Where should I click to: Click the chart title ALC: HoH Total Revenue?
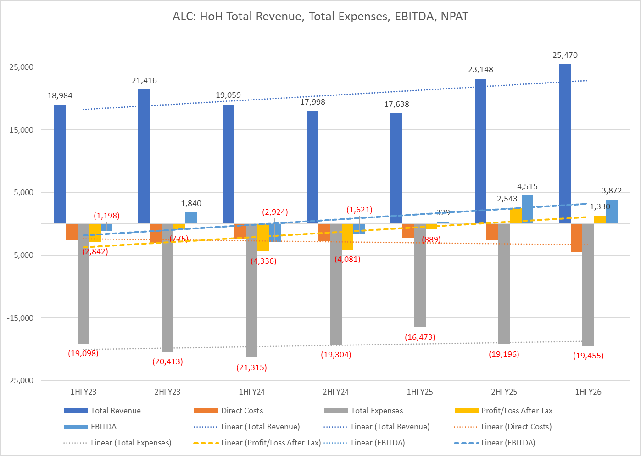[x=320, y=17]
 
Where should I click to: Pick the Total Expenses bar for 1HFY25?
[x=420, y=275]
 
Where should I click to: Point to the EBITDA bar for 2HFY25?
[x=527, y=210]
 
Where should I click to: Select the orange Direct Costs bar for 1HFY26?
[x=576, y=238]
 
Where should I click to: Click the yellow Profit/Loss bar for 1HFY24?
[x=263, y=237]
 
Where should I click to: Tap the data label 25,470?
[x=565, y=56]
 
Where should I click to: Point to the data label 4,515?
[x=527, y=187]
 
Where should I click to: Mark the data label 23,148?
[x=480, y=70]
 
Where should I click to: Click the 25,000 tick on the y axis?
[x=22, y=67]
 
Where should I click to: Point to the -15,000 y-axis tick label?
[x=20, y=318]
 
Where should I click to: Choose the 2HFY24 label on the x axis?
[x=336, y=392]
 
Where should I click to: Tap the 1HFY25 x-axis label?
[x=420, y=392]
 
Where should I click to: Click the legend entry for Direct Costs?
[x=242, y=411]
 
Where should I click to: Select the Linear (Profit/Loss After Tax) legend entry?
[x=271, y=443]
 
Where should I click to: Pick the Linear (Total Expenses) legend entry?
[x=131, y=443]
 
